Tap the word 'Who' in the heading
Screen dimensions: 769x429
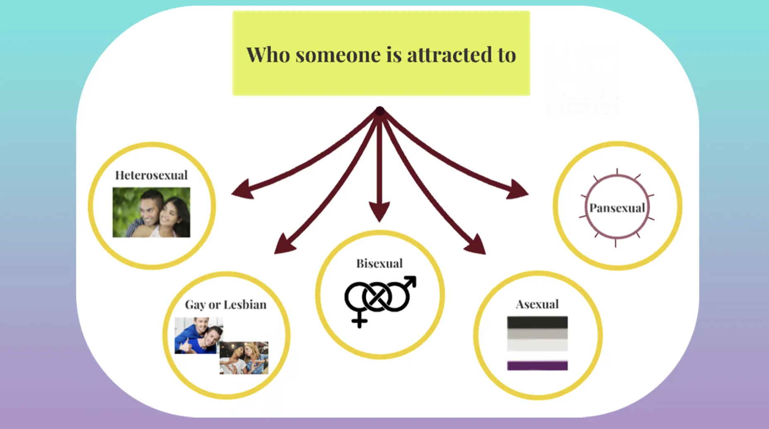coord(268,55)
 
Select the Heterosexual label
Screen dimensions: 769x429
coord(151,175)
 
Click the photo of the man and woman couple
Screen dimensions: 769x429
coord(151,212)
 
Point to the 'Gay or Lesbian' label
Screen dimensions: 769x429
coord(226,305)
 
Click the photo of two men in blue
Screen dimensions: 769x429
coord(199,336)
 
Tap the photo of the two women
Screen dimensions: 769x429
coord(244,358)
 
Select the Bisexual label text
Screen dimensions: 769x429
coord(380,263)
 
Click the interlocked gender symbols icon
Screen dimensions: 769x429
coord(380,302)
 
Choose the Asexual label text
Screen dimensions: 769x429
coord(537,305)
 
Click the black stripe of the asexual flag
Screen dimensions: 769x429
coord(537,322)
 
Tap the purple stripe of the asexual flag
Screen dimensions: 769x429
coord(537,365)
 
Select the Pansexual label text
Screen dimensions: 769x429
coord(617,208)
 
